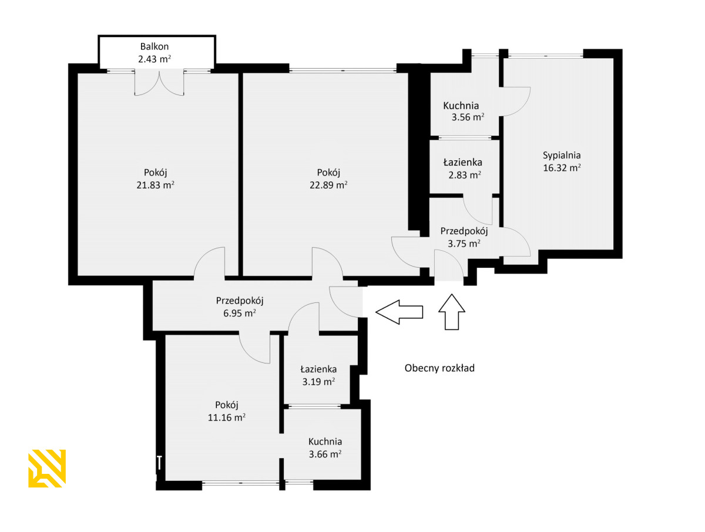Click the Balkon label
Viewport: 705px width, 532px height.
click(154, 46)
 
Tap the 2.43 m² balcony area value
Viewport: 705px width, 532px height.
click(154, 59)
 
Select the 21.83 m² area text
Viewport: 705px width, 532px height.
click(156, 185)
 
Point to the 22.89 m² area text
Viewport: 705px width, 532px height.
click(328, 185)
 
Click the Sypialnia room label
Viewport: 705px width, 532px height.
click(562, 156)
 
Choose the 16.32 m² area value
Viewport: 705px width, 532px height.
click(562, 168)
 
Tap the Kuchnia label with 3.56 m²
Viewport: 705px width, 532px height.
click(461, 106)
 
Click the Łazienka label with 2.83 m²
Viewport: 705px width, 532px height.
click(462, 162)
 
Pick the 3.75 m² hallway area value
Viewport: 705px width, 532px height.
click(464, 244)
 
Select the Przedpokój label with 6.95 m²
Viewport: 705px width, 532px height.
click(240, 301)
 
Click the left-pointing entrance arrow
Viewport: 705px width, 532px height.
click(399, 312)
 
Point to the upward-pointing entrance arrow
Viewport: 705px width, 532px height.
click(452, 312)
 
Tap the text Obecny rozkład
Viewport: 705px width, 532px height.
click(439, 368)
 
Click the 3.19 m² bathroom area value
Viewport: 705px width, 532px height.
click(318, 382)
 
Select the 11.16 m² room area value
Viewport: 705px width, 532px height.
click(226, 417)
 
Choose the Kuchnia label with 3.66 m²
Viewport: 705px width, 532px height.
click(325, 442)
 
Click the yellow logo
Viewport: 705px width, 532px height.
click(47, 469)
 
